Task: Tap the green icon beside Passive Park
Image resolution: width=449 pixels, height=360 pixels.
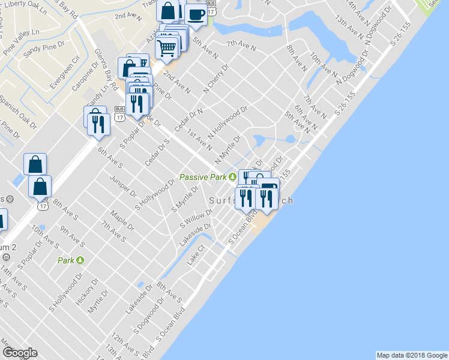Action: (x=232, y=177)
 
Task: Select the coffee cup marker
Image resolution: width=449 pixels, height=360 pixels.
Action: (x=195, y=14)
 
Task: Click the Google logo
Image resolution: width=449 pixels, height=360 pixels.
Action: (x=19, y=353)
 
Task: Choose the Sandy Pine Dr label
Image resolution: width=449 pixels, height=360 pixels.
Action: (x=40, y=51)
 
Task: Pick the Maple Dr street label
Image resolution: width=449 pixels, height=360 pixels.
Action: (x=122, y=221)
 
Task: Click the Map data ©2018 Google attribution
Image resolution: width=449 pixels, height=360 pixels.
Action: (x=411, y=355)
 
